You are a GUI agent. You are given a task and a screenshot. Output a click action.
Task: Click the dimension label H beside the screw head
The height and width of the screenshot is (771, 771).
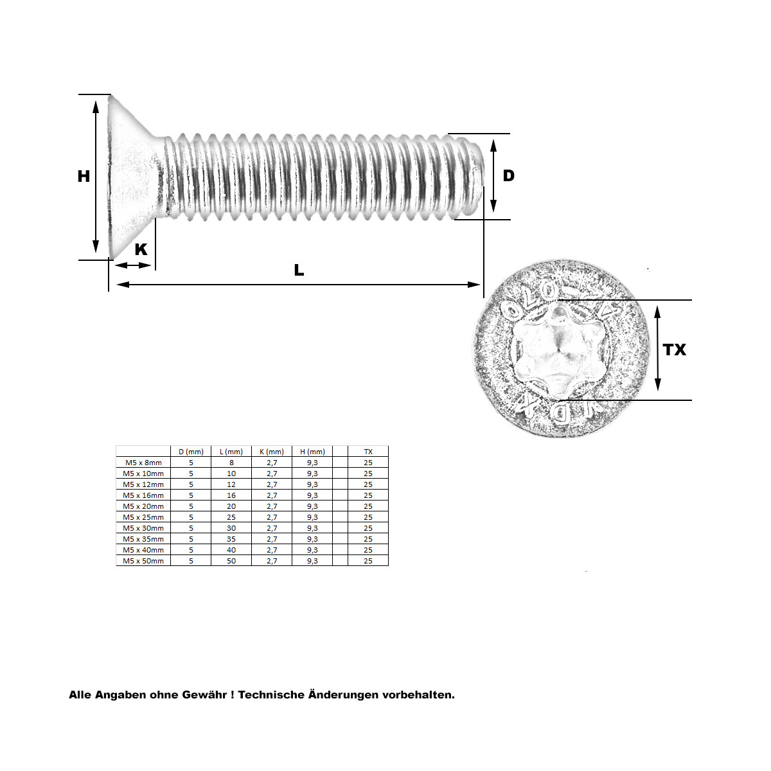[84, 176]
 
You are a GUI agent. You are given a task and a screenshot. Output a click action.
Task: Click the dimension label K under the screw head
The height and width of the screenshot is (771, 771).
[141, 249]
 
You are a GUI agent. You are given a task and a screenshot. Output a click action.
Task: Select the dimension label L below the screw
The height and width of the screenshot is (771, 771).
[299, 270]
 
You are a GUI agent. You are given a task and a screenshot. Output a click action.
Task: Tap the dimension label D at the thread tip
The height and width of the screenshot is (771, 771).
[508, 175]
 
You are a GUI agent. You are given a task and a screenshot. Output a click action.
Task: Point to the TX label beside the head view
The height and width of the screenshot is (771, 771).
[675, 350]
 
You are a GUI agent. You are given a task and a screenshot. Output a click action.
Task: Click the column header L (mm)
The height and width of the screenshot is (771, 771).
[231, 452]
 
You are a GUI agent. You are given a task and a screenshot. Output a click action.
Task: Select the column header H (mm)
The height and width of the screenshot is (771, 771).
[312, 452]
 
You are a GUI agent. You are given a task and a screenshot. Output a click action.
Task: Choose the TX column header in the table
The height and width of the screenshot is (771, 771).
[368, 452]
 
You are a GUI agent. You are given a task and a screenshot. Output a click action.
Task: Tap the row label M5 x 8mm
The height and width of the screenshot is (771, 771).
[143, 463]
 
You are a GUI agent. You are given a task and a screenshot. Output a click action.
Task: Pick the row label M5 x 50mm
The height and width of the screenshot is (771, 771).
[143, 561]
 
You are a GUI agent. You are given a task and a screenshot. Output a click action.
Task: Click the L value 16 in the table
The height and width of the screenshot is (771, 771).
[231, 495]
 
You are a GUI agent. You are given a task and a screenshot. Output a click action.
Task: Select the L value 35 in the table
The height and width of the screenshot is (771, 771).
[231, 539]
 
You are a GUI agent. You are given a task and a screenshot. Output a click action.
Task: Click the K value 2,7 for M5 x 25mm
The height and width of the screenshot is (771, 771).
[272, 517]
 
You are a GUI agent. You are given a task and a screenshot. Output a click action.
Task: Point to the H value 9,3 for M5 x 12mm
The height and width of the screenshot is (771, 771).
[312, 484]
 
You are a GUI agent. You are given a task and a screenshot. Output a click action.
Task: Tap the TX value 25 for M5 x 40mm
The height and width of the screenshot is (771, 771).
[368, 550]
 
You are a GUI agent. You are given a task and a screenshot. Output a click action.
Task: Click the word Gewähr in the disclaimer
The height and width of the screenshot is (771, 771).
[205, 695]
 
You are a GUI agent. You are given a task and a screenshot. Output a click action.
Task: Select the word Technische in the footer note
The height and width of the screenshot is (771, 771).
[272, 695]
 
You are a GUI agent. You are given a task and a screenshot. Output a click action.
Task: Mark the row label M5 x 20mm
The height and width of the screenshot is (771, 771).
[143, 506]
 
